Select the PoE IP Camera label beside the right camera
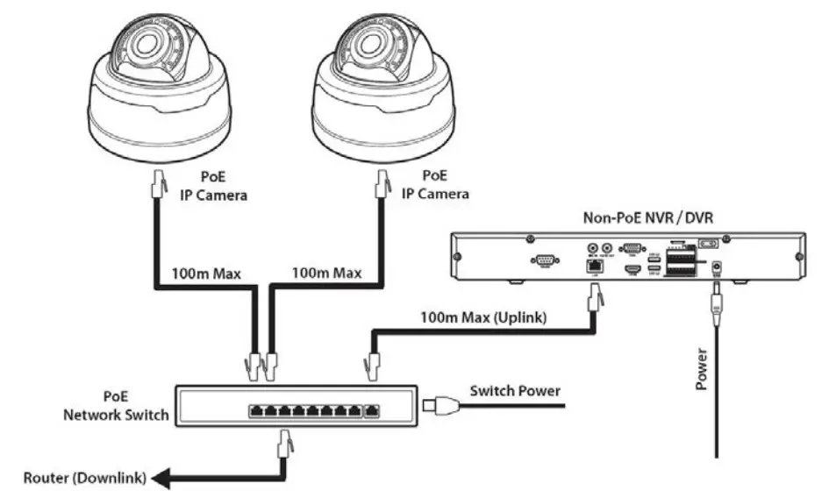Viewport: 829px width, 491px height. click(x=434, y=185)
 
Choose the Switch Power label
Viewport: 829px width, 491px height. click(x=515, y=390)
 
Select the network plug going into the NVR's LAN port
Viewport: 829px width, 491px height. click(x=595, y=302)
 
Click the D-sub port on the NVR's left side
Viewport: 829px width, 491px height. click(x=545, y=260)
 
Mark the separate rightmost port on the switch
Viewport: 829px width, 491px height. click(x=373, y=410)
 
